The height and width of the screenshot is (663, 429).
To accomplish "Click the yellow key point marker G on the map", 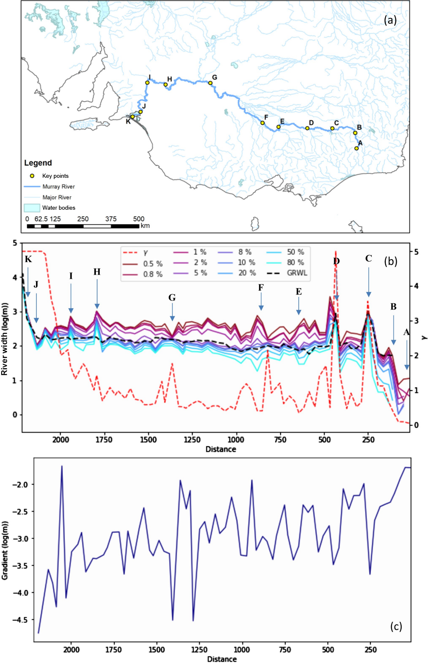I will click(x=210, y=83).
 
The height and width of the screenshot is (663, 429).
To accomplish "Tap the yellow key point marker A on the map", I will click(x=357, y=148).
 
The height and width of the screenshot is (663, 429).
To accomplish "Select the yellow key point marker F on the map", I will click(x=263, y=123).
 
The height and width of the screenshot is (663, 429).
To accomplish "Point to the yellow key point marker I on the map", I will click(x=147, y=83).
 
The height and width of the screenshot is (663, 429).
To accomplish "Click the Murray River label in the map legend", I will click(x=58, y=187).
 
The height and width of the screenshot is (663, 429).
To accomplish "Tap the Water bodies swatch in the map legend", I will click(x=32, y=208).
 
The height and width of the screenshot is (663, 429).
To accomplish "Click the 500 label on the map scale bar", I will click(x=139, y=219).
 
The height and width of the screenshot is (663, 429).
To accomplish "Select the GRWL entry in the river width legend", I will click(x=297, y=273).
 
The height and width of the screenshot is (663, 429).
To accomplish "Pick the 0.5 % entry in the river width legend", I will click(x=152, y=264).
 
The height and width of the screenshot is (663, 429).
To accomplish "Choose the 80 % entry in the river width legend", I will click(x=295, y=263).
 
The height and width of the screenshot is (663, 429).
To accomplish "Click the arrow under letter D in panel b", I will click(x=336, y=285).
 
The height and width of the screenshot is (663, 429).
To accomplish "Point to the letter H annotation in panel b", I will click(x=97, y=272).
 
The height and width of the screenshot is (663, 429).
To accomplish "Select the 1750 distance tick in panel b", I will click(x=104, y=439).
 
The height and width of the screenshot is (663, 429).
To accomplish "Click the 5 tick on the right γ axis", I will click(x=416, y=252).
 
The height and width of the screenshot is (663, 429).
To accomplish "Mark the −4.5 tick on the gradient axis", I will click(x=19, y=619).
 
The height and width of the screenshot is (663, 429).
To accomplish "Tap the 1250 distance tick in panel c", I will click(x=199, y=650).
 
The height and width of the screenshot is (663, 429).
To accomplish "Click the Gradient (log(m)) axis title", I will click(x=5, y=551).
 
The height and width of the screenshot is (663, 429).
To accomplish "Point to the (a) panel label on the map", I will click(x=390, y=20).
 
